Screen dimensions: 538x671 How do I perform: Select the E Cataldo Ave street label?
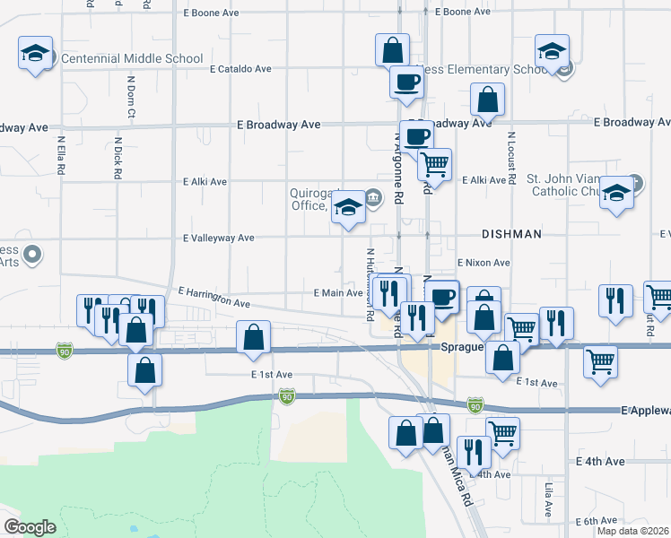click(x=240, y=68)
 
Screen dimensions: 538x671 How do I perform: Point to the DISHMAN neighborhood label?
click(x=511, y=234)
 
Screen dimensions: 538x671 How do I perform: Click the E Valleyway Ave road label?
click(x=219, y=239)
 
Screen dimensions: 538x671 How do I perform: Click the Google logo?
click(x=30, y=527)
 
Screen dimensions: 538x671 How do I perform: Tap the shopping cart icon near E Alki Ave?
click(x=435, y=164)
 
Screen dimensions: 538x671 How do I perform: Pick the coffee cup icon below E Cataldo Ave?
click(x=405, y=82)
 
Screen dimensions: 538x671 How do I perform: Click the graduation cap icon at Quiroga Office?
click(x=347, y=210)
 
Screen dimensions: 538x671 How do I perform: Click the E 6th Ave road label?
click(x=597, y=520)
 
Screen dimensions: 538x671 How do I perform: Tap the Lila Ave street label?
click(x=549, y=499)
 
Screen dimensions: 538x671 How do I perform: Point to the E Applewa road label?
click(x=645, y=410)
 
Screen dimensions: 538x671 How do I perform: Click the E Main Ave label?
click(x=338, y=292)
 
